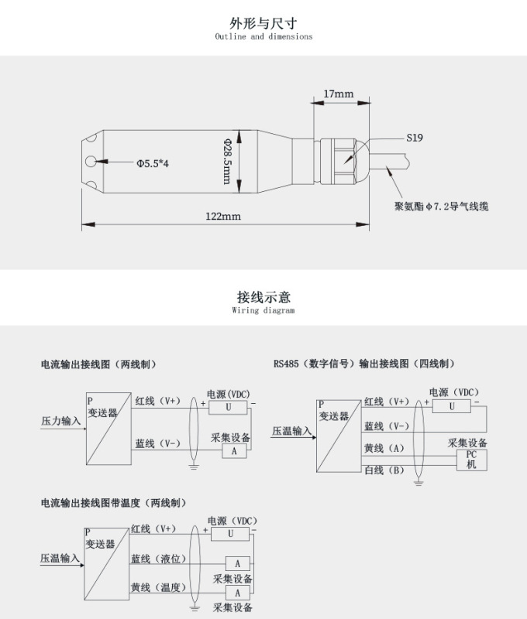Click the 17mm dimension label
tap(337, 94)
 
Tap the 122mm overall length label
tap(222, 216)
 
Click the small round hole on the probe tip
tap(93, 162)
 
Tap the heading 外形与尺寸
tap(263, 23)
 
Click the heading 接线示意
tap(263, 297)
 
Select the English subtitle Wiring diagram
tap(263, 310)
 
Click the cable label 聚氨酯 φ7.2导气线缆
tap(441, 207)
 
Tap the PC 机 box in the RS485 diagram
tap(471, 460)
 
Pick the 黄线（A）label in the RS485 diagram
tap(384, 449)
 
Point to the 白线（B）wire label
tap(384, 470)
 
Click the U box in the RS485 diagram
tap(452, 406)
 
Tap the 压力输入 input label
tap(60, 422)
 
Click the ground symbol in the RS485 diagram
tap(418, 483)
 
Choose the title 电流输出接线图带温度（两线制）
tap(114, 503)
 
